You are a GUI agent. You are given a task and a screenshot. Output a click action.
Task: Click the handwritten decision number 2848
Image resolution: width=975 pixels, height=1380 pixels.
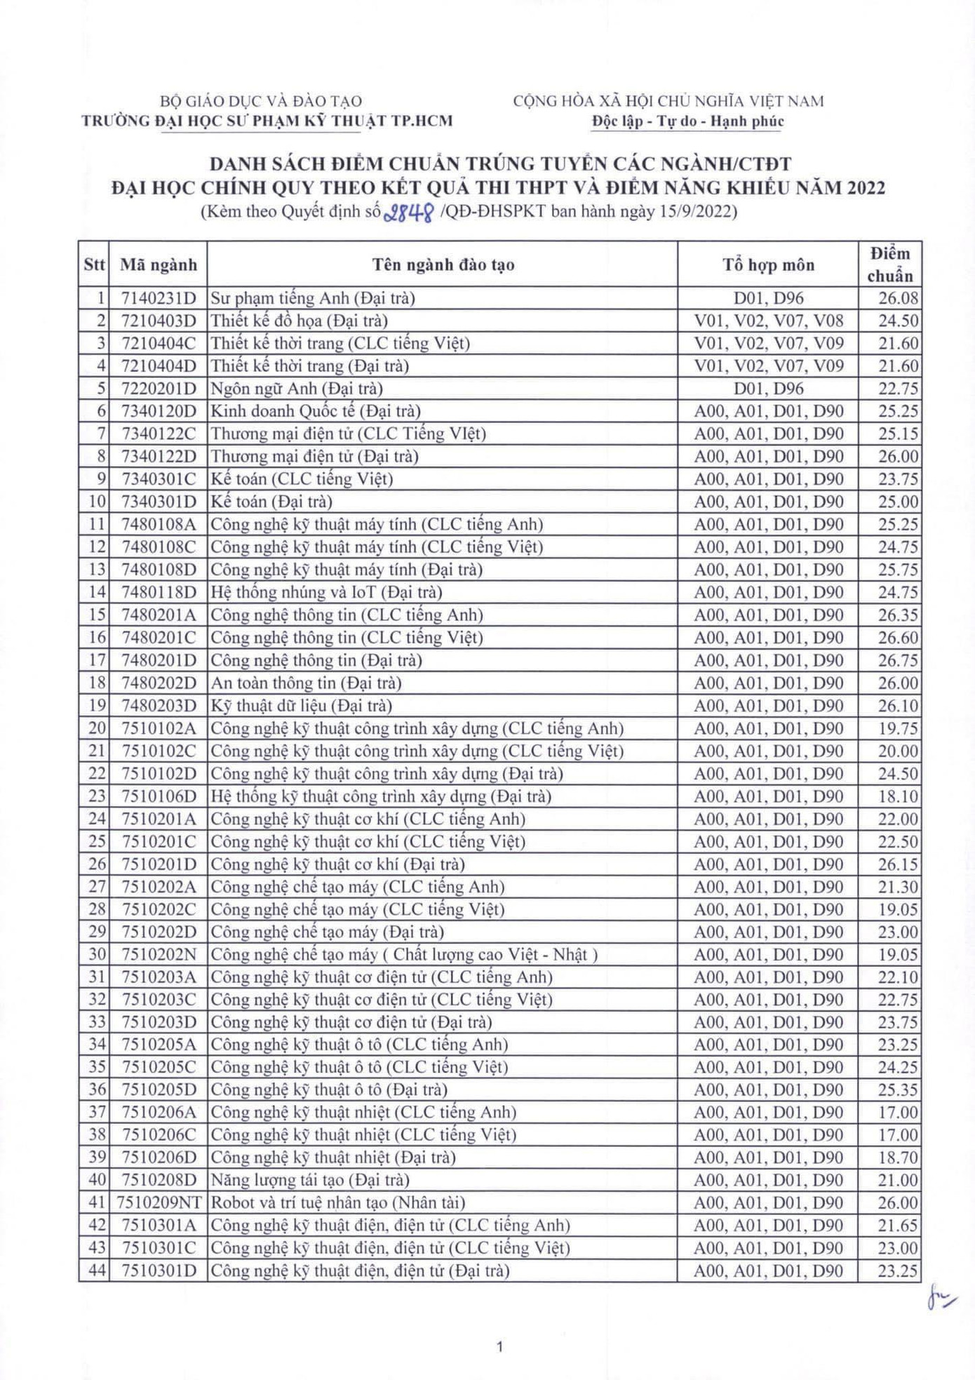coord(409,212)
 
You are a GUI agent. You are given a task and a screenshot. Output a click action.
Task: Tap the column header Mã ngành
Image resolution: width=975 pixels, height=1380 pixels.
coord(159,264)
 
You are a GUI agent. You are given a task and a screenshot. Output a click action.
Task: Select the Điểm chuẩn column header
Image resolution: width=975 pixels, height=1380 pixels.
coord(889,264)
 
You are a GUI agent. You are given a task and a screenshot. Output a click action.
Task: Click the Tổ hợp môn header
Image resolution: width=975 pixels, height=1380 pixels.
coord(768,264)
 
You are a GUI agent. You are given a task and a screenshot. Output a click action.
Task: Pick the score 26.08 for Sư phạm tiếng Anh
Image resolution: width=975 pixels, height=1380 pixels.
coord(898,298)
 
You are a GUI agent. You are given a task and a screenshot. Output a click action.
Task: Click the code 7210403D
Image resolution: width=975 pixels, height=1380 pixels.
coord(159,321)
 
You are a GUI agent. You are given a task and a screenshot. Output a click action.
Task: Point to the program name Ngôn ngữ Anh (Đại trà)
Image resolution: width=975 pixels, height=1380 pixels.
coord(297,389)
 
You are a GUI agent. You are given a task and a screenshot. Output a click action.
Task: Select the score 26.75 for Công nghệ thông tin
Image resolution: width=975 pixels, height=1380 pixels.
coord(898,660)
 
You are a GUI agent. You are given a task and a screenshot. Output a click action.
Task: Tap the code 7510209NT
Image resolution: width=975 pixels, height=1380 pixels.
coord(159,1203)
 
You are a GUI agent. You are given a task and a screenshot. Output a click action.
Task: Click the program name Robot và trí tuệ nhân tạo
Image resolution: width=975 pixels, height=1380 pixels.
coord(338,1203)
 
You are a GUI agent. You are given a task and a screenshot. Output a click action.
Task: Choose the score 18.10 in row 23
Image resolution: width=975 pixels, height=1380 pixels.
coord(898,796)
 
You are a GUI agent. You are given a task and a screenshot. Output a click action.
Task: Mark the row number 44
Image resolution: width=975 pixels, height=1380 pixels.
coord(97,1271)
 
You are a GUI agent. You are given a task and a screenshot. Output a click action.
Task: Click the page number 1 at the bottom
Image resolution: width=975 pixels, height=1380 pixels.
coord(499,1346)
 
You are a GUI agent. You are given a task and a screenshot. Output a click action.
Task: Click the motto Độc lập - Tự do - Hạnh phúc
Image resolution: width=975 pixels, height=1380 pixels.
coord(687,121)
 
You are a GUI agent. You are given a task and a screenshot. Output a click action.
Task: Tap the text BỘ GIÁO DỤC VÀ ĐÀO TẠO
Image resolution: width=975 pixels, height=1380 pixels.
coord(261,102)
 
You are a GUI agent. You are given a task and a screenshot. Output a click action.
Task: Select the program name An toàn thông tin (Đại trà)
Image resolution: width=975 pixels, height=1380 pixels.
coord(306,683)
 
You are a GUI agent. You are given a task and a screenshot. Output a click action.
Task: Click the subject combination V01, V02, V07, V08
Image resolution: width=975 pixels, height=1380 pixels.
coord(768,321)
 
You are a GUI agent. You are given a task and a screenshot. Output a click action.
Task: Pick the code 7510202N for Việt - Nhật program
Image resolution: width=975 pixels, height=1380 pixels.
coord(159,954)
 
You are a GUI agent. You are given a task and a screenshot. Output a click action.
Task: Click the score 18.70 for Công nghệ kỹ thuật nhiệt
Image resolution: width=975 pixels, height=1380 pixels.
coord(898,1158)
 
